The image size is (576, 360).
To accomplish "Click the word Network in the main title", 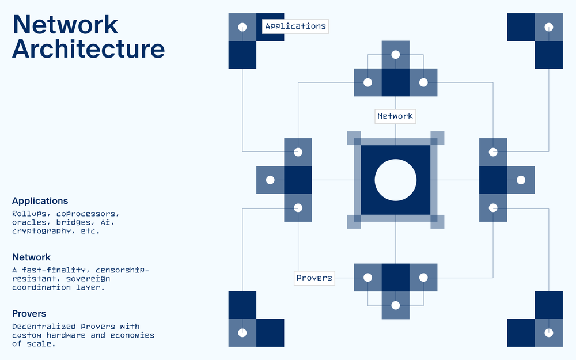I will point(65,24).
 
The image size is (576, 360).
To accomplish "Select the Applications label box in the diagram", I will point(295,26).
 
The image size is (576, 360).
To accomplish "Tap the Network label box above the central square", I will point(395,116).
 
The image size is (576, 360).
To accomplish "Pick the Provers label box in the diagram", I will point(314,278).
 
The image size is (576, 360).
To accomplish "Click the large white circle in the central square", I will point(395,180).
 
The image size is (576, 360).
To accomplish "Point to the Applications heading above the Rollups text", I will point(40,201).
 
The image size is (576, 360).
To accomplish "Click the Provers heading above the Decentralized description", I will point(29,314).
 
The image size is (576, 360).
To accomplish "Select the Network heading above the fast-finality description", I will point(31,257).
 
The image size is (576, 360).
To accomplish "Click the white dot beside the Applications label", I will point(242,27).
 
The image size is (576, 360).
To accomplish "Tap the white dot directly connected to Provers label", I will point(367,278).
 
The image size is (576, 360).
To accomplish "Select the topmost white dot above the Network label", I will point(395,55).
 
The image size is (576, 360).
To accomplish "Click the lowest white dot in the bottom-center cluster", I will point(395,305).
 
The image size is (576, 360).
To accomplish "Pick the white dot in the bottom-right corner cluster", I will point(549,333).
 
